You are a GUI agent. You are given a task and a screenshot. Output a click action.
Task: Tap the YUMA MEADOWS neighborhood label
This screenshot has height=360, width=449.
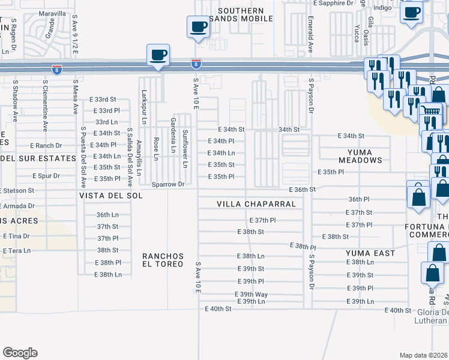pos(360,156)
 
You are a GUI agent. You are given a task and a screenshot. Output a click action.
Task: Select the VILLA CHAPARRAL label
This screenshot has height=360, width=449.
pos(256,204)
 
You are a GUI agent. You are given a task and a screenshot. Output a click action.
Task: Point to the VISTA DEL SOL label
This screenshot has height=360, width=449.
pos(111,196)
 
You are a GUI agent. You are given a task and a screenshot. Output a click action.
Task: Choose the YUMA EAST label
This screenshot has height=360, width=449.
pos(370,253)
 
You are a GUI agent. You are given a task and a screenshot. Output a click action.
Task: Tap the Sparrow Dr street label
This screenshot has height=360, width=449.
pos(168,184)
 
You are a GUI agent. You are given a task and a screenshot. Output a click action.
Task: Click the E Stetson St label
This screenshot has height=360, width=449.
pos(17,190)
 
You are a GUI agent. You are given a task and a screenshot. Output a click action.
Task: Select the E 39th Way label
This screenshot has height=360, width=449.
pos(251,294)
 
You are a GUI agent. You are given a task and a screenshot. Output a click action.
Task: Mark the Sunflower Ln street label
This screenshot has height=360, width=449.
pos(185,149)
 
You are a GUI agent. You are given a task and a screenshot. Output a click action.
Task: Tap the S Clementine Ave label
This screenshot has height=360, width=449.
pos(45,106)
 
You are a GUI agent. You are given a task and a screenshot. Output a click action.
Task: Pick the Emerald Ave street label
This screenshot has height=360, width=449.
pos(311,35)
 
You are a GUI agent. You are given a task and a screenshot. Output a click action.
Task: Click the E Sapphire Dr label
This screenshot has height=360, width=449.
pos(334,3)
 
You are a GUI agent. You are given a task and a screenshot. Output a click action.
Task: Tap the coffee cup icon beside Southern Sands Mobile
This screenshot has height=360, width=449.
pos(198,26)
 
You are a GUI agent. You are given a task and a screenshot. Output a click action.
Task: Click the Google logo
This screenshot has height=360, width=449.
pos(20,353)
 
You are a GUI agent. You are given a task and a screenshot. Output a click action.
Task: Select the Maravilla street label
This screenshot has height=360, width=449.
pos(52,13)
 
